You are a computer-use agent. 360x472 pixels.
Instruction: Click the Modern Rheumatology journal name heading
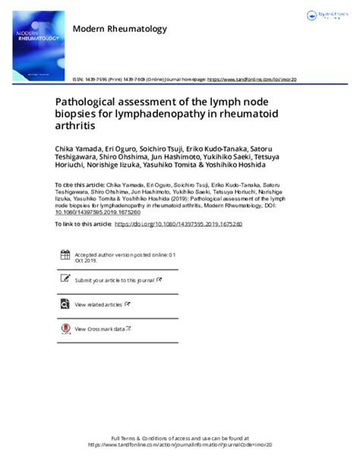[120, 30]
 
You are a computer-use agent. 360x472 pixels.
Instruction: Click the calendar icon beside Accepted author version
[65, 255]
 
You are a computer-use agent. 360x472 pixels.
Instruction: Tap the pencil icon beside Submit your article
[65, 279]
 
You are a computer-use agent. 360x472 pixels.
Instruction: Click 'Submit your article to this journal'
[114, 280]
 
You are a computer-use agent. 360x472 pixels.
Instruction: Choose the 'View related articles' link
[98, 304]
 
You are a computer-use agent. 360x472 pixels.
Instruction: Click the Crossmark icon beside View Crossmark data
[65, 329]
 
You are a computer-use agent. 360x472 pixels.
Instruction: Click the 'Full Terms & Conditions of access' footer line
[179, 439]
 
